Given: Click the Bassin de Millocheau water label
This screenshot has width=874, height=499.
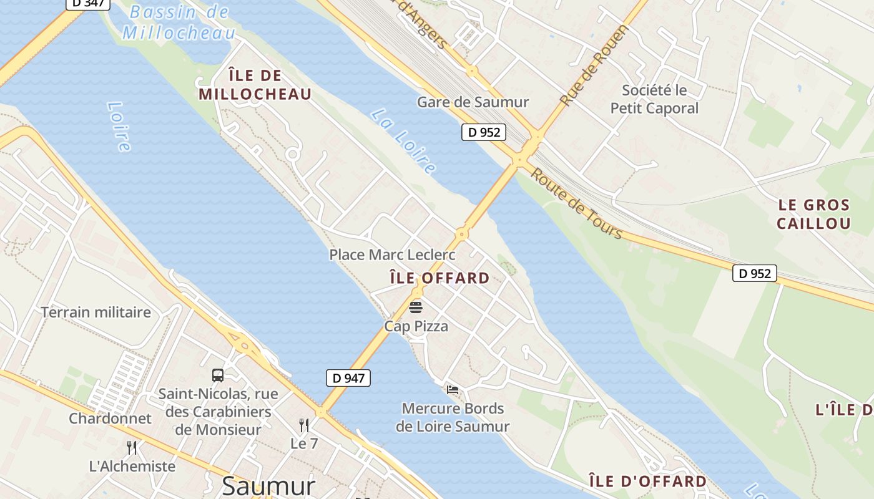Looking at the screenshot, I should tap(179, 22).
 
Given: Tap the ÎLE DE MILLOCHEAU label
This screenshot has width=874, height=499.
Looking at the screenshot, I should tap(255, 85).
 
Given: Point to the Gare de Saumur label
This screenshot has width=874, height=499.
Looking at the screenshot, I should tap(473, 102).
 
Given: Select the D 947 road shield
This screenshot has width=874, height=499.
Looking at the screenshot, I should tap(348, 377).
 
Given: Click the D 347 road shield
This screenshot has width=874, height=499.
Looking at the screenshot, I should tap(87, 4).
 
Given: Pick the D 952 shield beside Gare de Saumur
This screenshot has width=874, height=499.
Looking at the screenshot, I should tap(483, 132).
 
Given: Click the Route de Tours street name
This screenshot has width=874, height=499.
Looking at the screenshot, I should tap(576, 203).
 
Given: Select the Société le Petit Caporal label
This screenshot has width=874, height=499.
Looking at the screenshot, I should tap(654, 99).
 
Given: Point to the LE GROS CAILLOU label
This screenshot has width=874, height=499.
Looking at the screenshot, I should tap(814, 214).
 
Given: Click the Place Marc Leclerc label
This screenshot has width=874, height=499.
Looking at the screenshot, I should tap(392, 254).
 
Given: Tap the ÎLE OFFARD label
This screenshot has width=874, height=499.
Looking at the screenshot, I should tap(439, 278).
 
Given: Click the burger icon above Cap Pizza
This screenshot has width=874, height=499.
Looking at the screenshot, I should tap(416, 307).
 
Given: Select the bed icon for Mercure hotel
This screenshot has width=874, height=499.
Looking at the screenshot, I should tap(453, 390).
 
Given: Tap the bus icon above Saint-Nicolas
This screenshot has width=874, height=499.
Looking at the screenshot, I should tap(217, 375).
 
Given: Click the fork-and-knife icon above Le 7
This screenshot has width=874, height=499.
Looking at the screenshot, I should tap(304, 425).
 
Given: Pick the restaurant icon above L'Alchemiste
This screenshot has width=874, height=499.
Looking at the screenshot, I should tap(132, 447).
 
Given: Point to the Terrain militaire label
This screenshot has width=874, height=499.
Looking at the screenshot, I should tap(96, 312).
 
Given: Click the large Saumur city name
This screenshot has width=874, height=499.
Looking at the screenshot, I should tap(268, 486).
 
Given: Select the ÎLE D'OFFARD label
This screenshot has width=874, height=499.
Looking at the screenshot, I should tap(648, 481).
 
